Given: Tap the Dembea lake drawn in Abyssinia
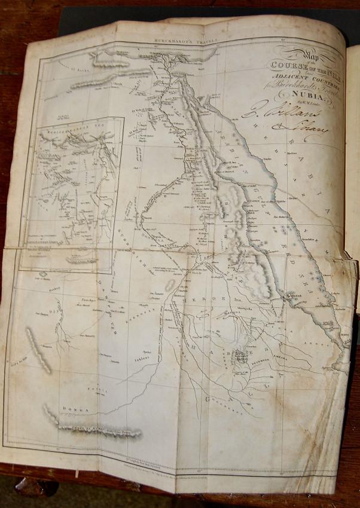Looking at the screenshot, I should (240, 357).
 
